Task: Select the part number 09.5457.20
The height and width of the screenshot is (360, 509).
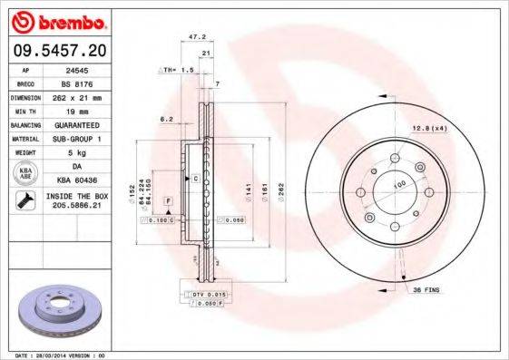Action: (60, 48)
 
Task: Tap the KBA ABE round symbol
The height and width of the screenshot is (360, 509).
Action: (24, 172)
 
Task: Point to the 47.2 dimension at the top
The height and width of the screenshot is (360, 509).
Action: (193, 38)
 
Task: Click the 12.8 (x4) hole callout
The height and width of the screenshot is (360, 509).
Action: (429, 127)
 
